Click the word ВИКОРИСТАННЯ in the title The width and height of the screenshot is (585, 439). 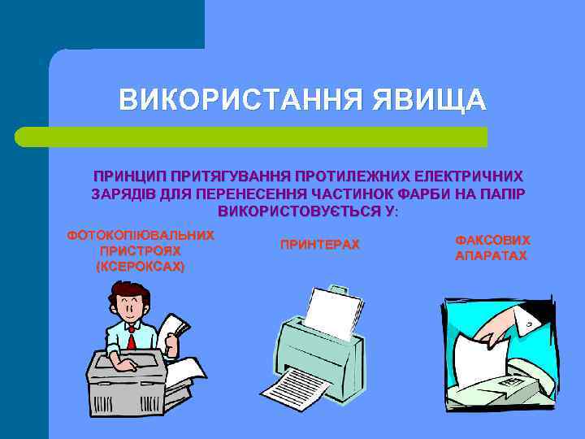pyautogui.click(x=240, y=100)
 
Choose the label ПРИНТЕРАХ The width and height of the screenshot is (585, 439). pyautogui.click(x=319, y=245)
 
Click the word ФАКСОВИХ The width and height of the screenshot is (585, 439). pyautogui.click(x=492, y=241)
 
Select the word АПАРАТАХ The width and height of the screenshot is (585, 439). pyautogui.click(x=491, y=256)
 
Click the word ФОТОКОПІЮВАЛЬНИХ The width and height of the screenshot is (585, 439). pyautogui.click(x=140, y=235)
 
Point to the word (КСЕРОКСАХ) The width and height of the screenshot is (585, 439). pyautogui.click(x=140, y=266)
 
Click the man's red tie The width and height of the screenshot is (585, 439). pyautogui.click(x=131, y=339)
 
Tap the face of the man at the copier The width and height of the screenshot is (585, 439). pyautogui.click(x=130, y=306)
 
